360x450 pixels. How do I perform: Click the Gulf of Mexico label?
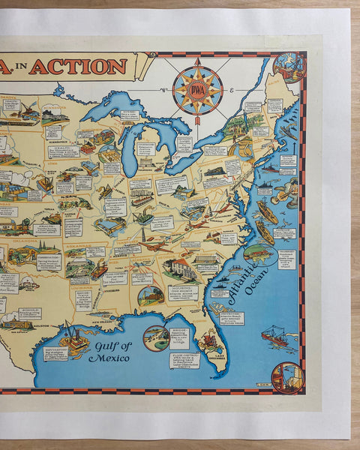[109, 351]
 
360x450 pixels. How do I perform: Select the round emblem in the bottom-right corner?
[286, 377]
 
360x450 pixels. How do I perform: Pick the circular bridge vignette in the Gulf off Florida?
[155, 338]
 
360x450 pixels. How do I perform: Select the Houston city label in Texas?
[40, 328]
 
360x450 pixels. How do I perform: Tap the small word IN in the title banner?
[40, 67]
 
